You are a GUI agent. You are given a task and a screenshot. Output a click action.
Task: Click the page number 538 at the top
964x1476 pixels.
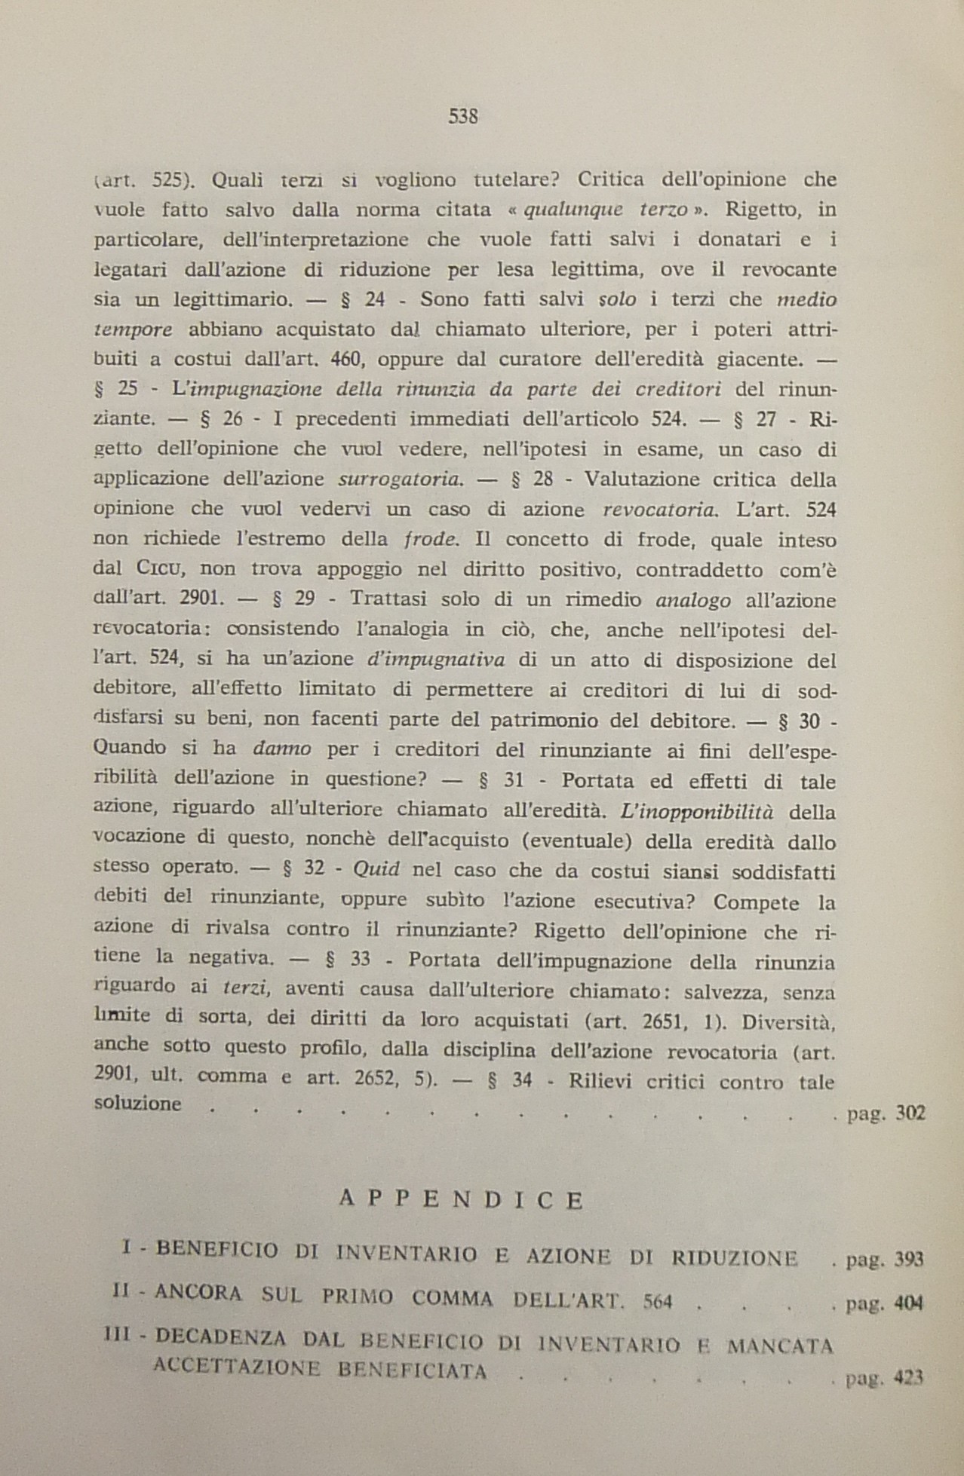click(x=463, y=116)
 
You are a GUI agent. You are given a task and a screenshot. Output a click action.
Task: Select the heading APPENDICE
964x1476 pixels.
click(x=462, y=1199)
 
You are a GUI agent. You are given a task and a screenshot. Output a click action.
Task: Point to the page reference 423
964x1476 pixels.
click(x=908, y=1378)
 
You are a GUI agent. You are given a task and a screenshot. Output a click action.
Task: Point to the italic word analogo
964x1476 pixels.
click(x=694, y=601)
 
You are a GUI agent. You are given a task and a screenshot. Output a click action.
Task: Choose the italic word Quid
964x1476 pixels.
click(x=376, y=869)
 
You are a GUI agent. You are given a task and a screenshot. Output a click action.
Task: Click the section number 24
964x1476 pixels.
click(x=375, y=299)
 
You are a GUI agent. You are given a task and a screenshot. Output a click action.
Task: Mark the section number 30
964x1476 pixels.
click(x=809, y=721)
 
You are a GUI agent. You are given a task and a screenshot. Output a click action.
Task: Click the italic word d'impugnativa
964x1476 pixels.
click(x=435, y=660)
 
